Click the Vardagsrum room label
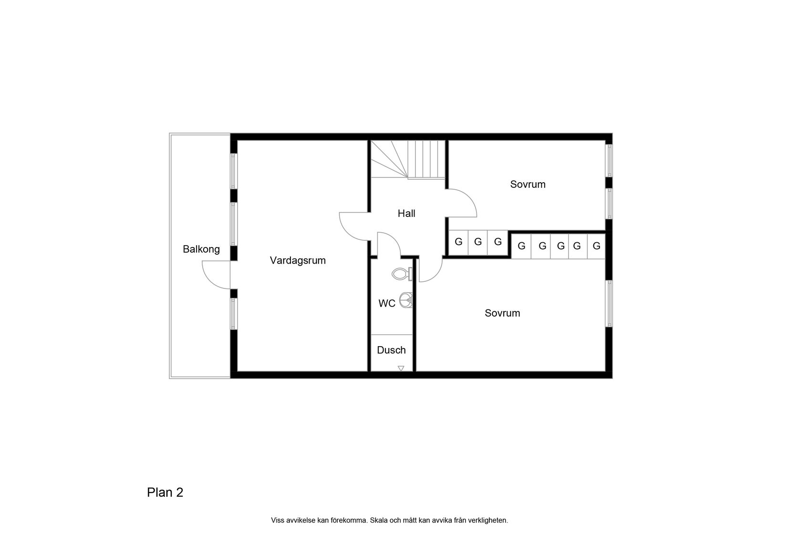click(x=298, y=260)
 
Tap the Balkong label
click(x=201, y=249)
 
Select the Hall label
click(x=406, y=214)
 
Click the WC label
click(x=387, y=303)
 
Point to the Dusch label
click(x=391, y=350)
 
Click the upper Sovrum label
click(x=528, y=185)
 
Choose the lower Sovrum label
click(x=502, y=313)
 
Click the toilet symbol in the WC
click(x=401, y=274)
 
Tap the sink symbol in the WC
click(x=406, y=300)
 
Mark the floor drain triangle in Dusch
click(x=401, y=368)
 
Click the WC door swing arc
click(x=389, y=243)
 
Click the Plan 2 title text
click(x=165, y=493)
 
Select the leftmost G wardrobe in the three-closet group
click(x=458, y=242)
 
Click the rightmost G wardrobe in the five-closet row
click(x=596, y=246)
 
